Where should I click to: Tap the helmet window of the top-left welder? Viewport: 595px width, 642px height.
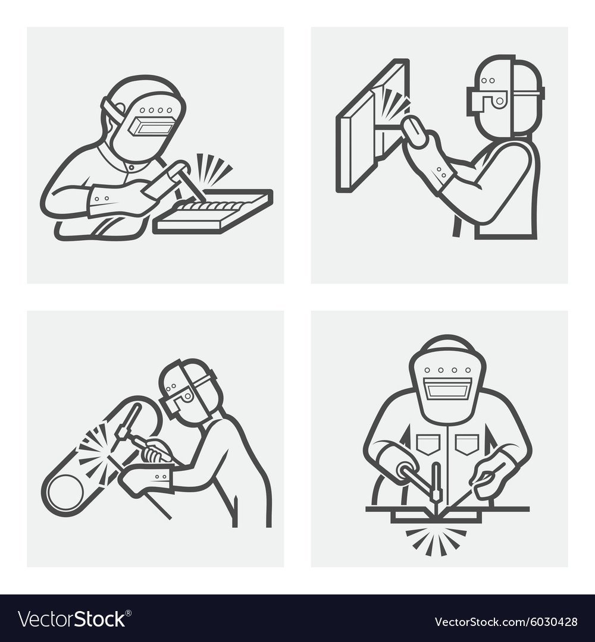(150, 126)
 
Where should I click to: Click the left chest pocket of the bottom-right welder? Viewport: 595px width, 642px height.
(428, 444)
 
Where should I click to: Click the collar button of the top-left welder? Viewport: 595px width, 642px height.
(131, 168)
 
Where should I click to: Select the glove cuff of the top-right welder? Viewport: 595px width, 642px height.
(444, 175)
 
